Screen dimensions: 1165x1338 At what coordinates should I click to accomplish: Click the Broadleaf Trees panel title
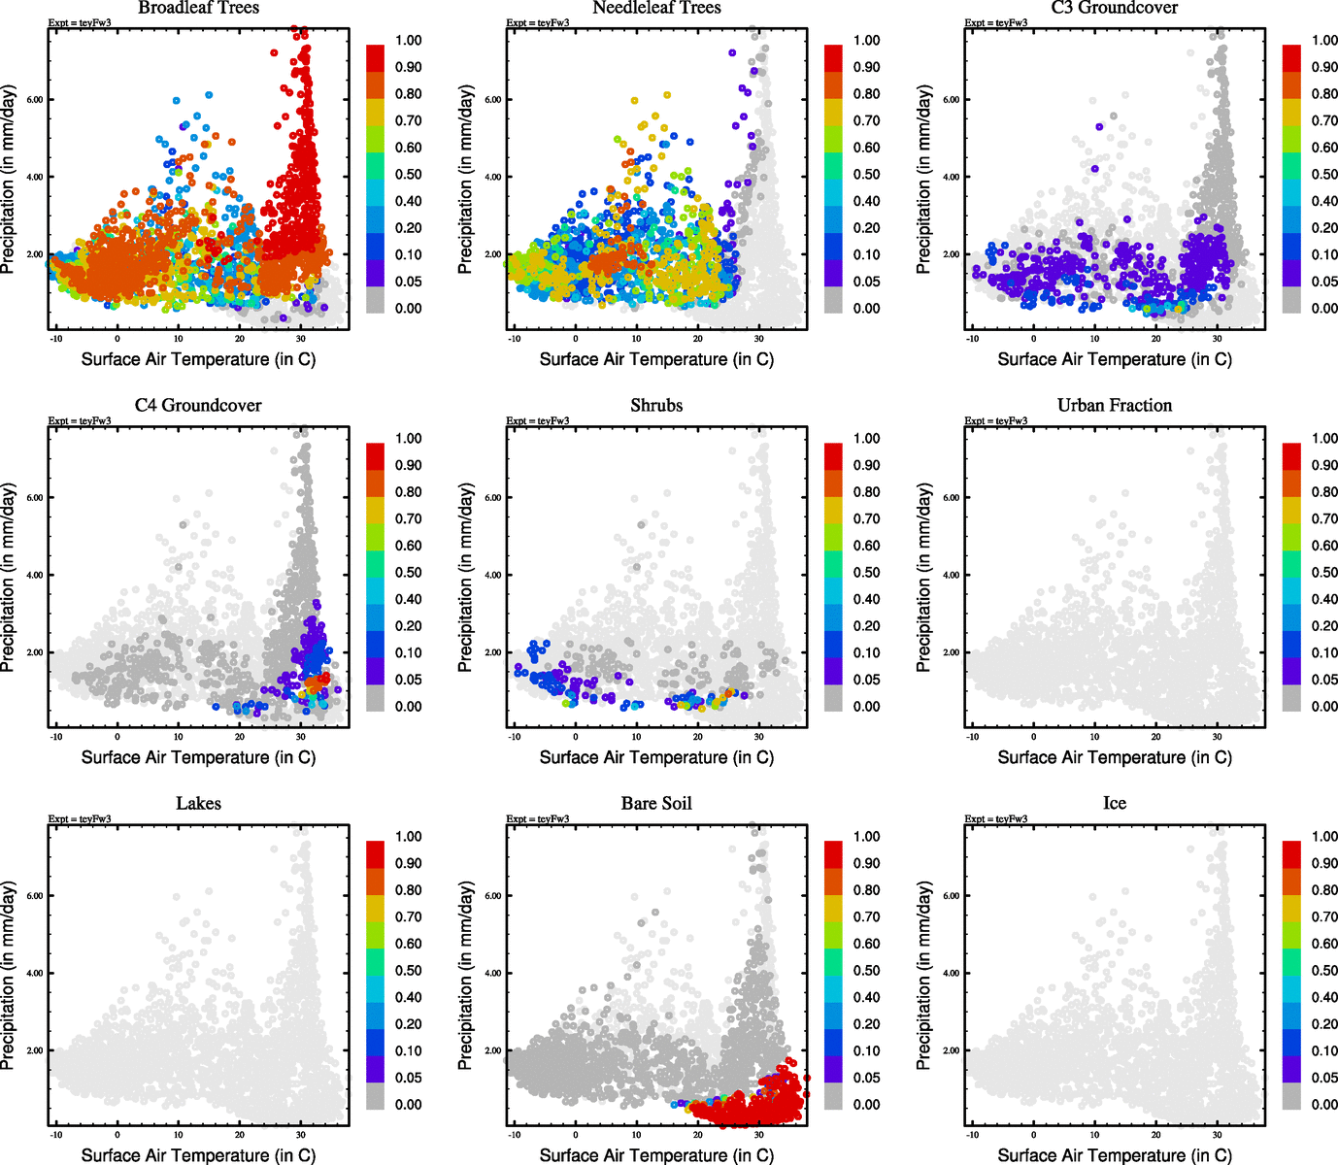[x=198, y=8]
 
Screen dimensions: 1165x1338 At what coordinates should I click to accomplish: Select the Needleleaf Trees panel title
[x=656, y=8]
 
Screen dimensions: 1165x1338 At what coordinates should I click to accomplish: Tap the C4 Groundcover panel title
[x=198, y=406]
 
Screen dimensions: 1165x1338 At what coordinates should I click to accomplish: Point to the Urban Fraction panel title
[x=1115, y=406]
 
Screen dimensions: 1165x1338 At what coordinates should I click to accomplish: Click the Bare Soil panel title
[x=656, y=804]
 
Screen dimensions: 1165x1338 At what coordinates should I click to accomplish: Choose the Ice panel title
[x=1115, y=804]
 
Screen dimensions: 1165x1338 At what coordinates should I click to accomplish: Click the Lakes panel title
[x=198, y=804]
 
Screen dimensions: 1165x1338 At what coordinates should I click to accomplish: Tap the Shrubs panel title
[x=656, y=406]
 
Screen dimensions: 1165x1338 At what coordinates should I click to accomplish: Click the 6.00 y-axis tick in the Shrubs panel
[x=493, y=498]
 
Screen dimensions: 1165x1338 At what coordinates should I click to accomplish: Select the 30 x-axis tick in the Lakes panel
[x=301, y=1134]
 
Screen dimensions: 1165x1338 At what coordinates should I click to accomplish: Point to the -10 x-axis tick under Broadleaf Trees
[x=56, y=338]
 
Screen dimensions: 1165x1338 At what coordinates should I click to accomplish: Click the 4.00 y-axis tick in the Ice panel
[x=952, y=974]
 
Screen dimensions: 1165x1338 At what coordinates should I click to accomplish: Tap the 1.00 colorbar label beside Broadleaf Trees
[x=408, y=41]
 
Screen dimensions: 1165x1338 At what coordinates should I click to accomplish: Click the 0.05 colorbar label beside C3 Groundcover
[x=1324, y=282]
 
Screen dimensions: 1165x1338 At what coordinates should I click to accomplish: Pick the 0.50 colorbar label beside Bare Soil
[x=866, y=971]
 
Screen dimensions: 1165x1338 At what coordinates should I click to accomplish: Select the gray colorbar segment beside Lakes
[x=375, y=1097]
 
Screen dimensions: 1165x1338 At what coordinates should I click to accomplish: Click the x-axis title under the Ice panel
[x=1115, y=1155]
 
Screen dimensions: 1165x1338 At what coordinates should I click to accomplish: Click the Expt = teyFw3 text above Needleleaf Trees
[x=538, y=22]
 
